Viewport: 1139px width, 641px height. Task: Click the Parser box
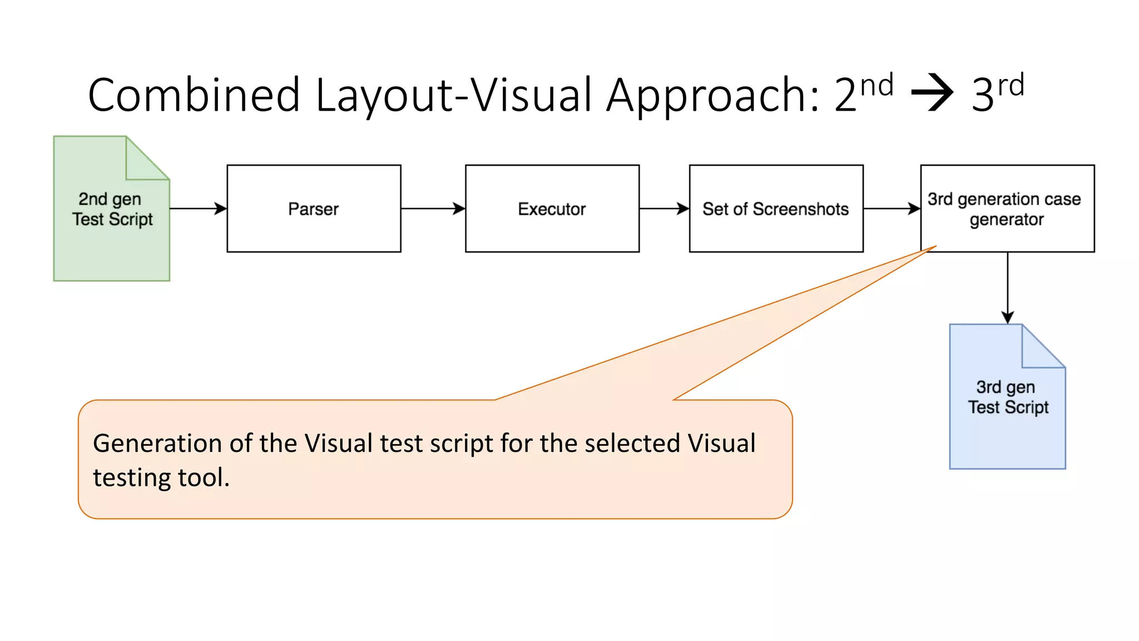(x=314, y=209)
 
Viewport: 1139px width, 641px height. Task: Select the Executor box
(x=552, y=209)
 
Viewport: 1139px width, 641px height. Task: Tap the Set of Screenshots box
(x=776, y=209)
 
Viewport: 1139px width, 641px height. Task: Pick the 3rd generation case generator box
(x=1007, y=209)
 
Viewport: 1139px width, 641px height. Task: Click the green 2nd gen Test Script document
(x=111, y=234)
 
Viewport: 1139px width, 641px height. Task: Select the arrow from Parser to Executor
(x=433, y=209)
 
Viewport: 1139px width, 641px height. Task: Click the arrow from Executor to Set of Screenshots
(x=664, y=209)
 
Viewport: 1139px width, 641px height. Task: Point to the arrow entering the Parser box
(x=198, y=209)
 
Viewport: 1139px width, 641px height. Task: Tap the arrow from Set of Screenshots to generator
(x=892, y=209)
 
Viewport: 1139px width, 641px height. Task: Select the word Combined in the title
(x=194, y=95)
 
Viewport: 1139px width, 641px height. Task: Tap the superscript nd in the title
(x=876, y=86)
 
